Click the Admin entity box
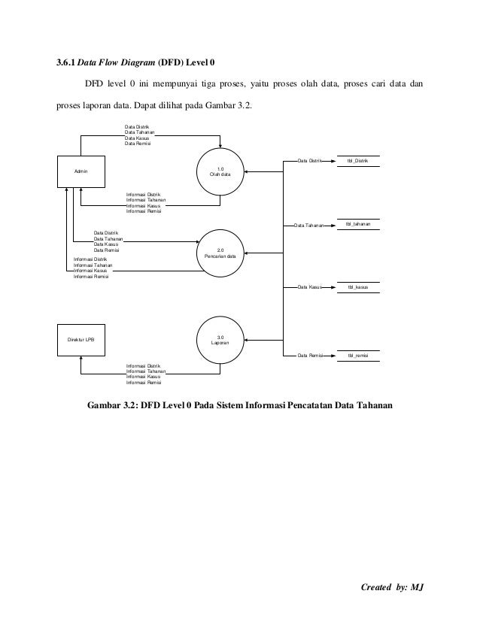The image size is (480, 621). point(81,171)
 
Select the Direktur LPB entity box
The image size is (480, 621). point(81,340)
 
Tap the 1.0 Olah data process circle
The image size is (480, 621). point(220,171)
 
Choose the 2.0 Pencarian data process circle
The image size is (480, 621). point(220,253)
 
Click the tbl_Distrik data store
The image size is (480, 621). point(357,161)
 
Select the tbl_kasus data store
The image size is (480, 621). point(357,287)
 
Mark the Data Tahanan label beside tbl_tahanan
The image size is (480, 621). point(308,225)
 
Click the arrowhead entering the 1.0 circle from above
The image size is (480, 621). point(220,147)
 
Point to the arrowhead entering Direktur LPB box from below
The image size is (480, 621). point(81,360)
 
